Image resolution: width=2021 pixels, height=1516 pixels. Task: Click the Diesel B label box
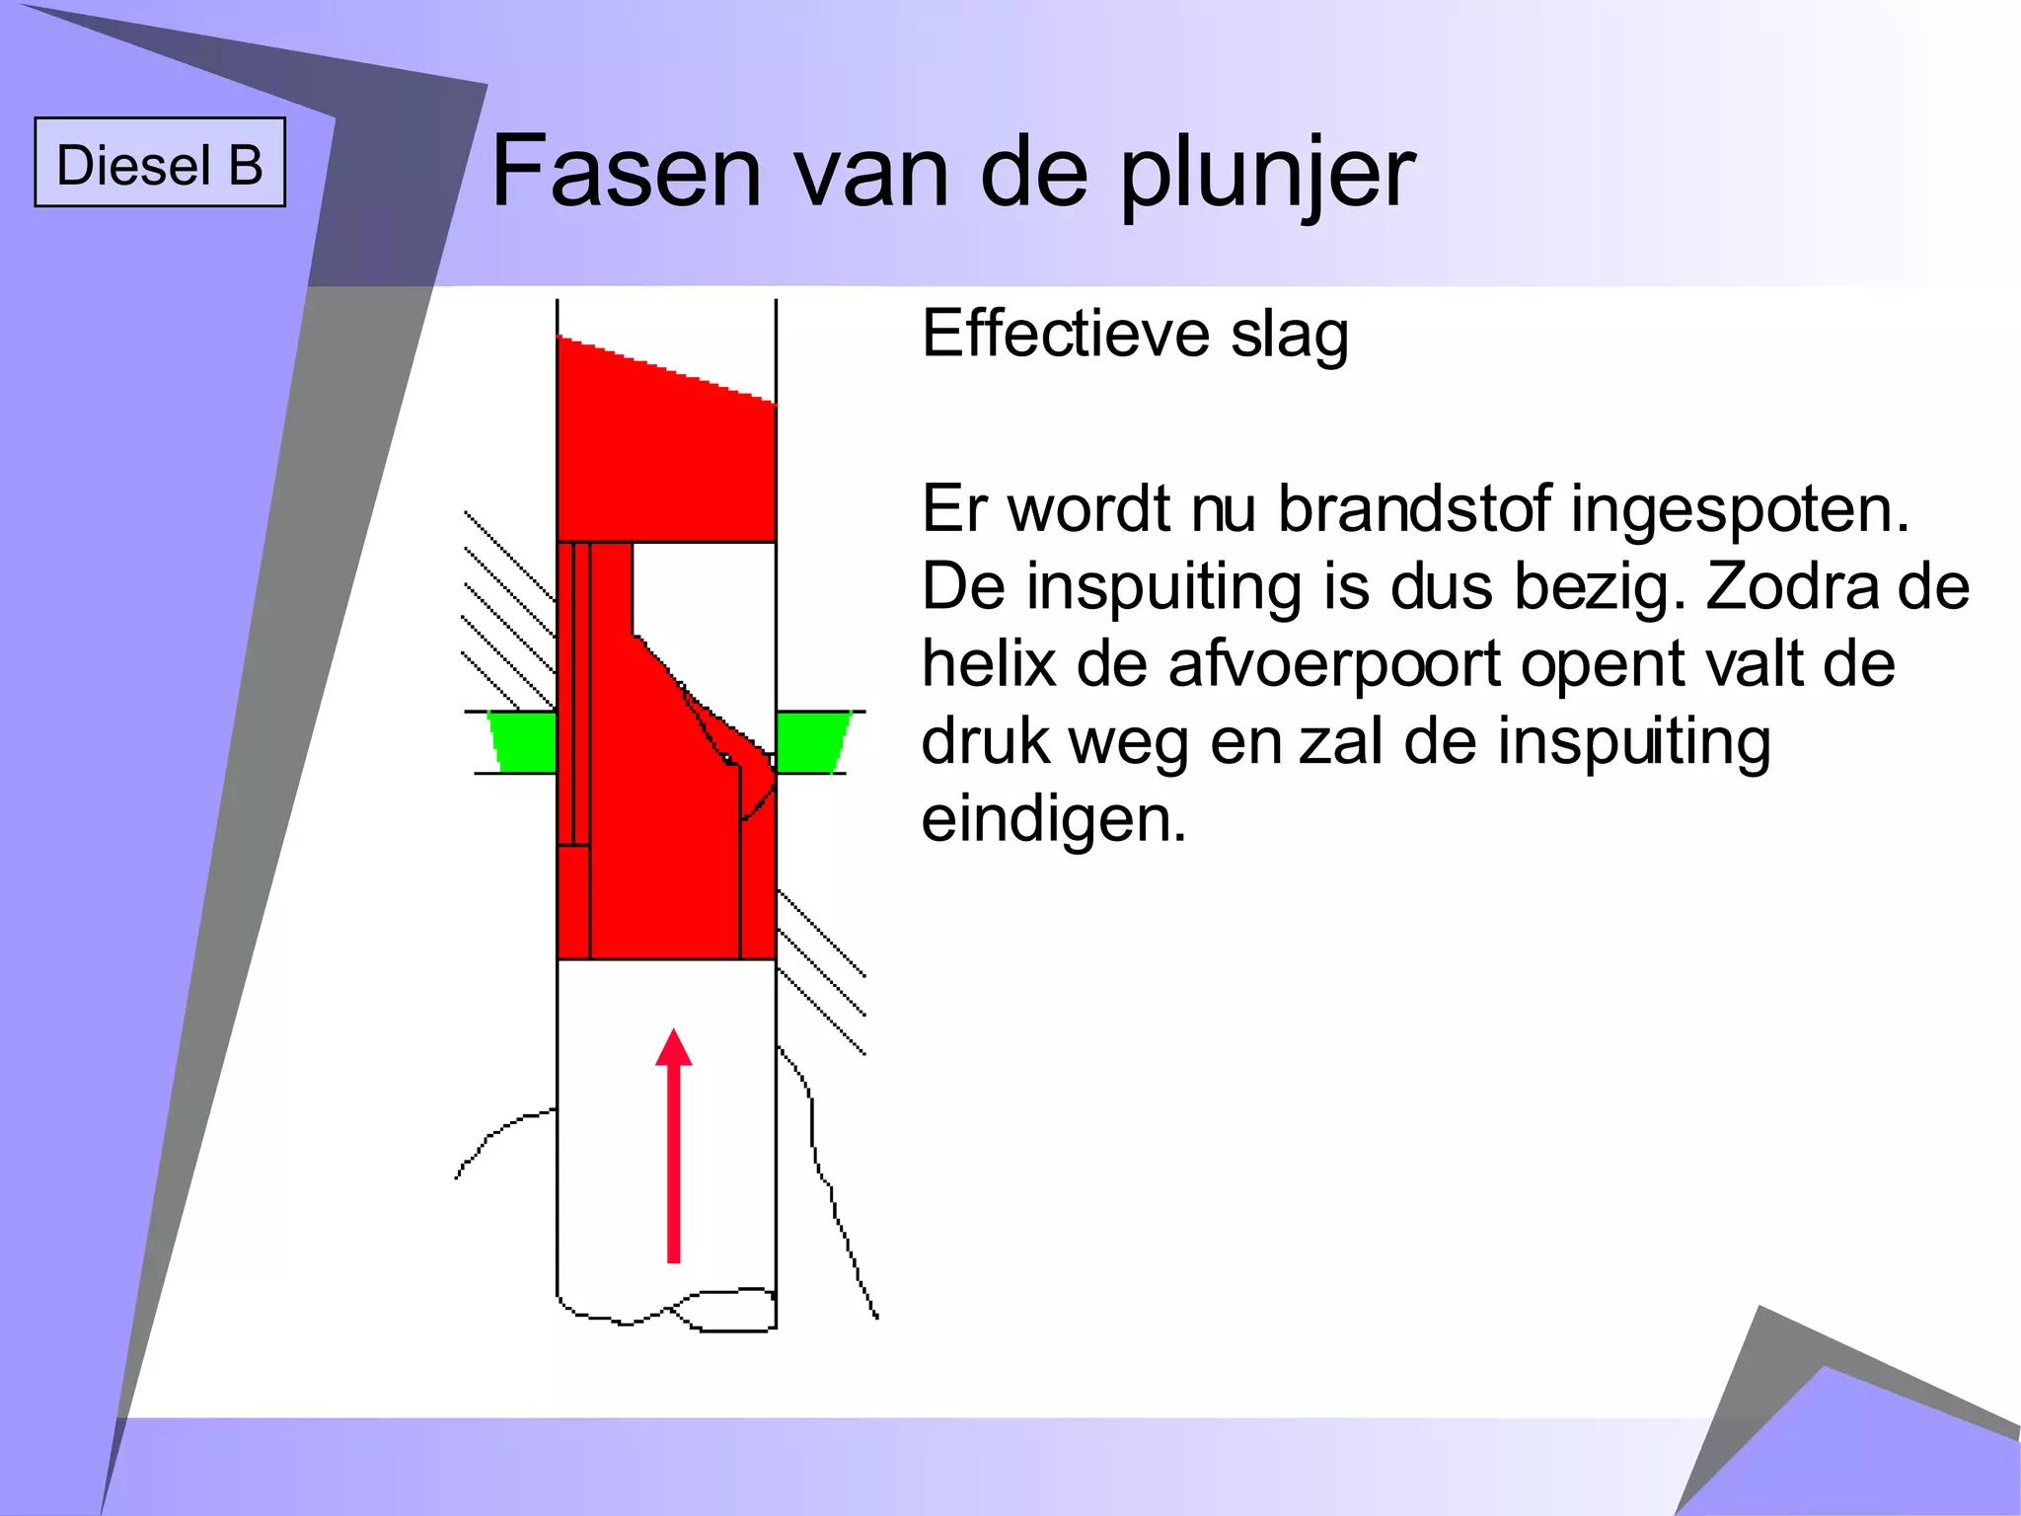pos(160,163)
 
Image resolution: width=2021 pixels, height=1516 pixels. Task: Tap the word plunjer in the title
pos(1267,176)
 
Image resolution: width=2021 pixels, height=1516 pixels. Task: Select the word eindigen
pos(1053,819)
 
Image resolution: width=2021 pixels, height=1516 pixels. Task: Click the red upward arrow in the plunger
pos(674,1145)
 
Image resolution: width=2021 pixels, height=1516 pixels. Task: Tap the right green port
pos(811,741)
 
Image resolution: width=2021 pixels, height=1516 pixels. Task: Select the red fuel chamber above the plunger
pos(666,454)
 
